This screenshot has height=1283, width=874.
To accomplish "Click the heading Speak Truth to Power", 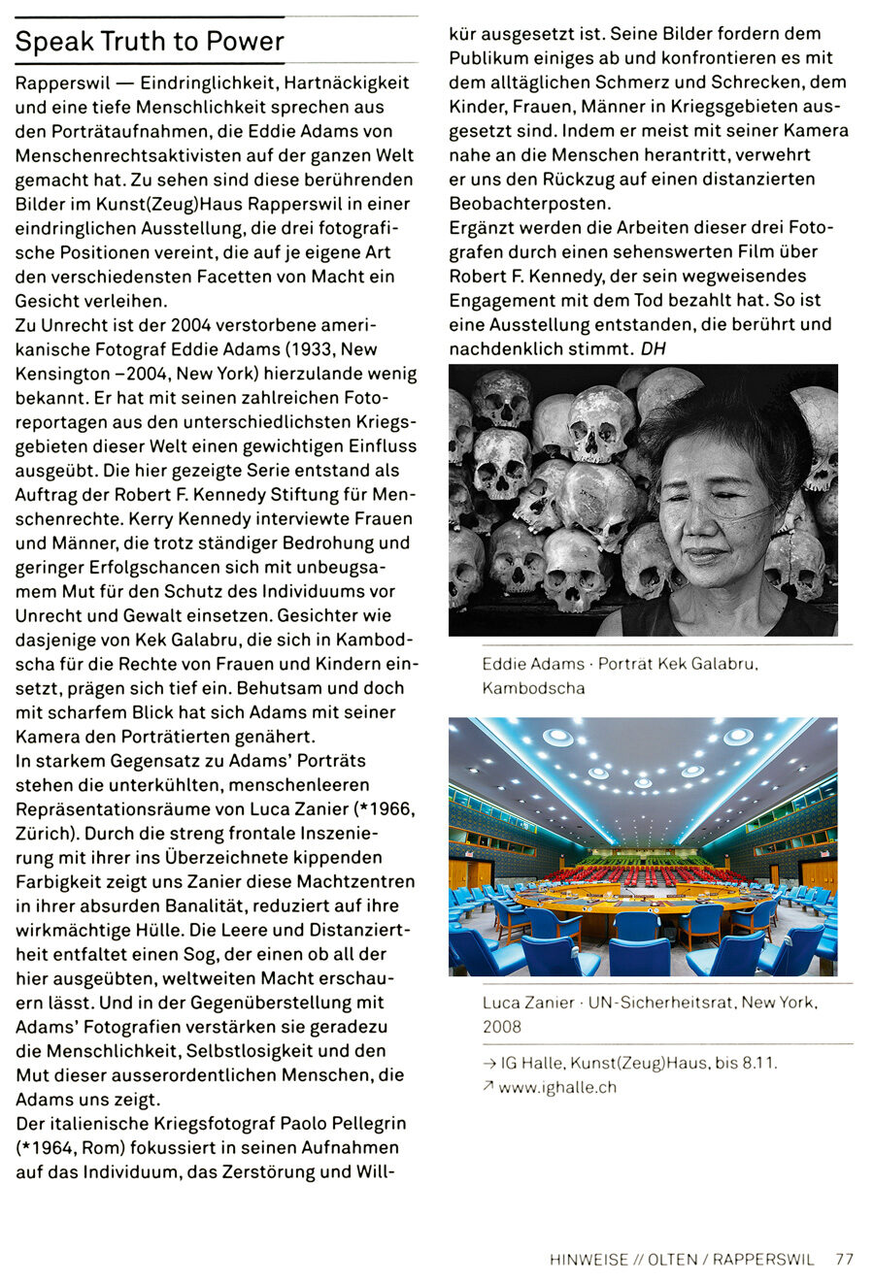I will (x=150, y=42).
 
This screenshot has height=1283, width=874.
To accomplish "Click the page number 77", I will (x=844, y=1260).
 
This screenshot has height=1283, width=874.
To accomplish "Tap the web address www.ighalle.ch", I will (x=557, y=1088).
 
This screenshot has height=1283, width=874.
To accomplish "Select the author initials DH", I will (x=654, y=348).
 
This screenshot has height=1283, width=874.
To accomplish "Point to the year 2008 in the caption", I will (x=502, y=1027).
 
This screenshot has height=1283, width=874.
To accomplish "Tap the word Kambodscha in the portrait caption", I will (x=533, y=688).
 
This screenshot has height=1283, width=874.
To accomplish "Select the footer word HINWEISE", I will (x=588, y=1260).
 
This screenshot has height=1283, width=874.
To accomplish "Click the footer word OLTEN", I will (x=673, y=1260).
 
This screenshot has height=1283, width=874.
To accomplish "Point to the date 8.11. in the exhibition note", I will (x=758, y=1063).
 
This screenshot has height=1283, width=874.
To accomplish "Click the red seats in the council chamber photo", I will (x=641, y=873).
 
